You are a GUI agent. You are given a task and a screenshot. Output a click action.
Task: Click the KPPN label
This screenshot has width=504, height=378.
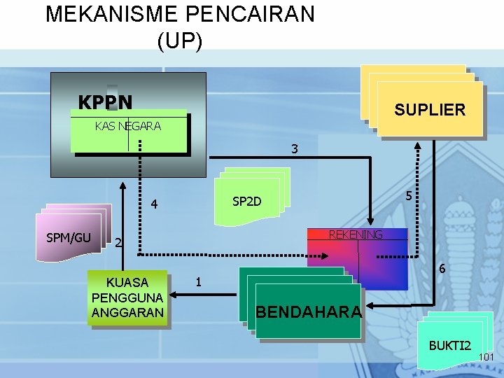[105, 103]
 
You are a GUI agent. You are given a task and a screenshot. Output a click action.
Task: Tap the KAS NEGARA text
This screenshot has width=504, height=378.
[128, 126]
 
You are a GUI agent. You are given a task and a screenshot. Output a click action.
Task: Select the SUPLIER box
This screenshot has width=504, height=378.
[429, 110]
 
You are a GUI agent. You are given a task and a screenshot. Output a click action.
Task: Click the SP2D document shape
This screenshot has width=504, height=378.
[247, 202]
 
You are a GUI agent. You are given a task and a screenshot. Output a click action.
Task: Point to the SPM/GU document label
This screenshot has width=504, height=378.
[69, 237]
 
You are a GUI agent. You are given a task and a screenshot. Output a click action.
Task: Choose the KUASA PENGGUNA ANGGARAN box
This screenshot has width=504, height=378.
[127, 297]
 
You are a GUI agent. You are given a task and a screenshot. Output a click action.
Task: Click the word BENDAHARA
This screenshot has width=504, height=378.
[309, 311]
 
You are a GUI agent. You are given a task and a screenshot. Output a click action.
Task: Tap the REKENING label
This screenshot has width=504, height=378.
[356, 234]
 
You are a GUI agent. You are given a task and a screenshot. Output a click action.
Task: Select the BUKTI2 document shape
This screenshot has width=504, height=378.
[450, 345]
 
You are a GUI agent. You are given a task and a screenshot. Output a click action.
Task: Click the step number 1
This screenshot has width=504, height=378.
[199, 282]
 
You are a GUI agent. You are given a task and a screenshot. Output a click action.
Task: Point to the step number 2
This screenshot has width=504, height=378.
[118, 243]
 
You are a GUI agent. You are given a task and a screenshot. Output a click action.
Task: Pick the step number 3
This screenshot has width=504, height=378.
[295, 148]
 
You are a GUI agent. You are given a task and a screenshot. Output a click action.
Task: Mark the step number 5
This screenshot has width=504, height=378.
[409, 197]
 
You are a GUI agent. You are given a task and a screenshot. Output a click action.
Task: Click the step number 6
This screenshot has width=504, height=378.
[441, 268]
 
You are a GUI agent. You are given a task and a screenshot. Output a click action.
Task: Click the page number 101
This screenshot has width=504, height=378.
[486, 358]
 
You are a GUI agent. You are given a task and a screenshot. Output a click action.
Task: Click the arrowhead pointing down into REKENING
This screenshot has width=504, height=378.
[370, 218]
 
